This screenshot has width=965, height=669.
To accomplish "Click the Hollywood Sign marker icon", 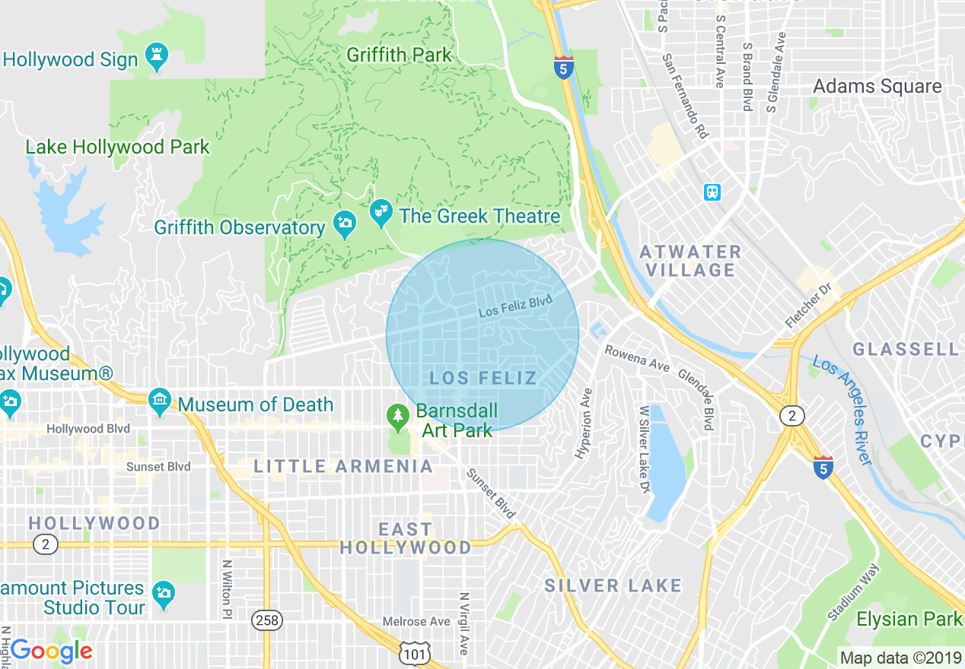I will [x=158, y=58].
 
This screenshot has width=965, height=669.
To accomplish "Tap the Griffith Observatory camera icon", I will [x=344, y=225].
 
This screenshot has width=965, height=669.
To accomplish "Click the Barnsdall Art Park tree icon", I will [x=397, y=416].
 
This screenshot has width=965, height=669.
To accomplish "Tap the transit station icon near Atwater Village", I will [x=712, y=192].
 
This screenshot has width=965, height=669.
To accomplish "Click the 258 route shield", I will [x=267, y=620].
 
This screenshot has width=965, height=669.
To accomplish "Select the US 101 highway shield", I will [x=416, y=652].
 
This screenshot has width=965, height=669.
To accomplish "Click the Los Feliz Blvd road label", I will [x=515, y=306].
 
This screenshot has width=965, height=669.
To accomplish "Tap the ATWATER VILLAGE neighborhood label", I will [x=690, y=261].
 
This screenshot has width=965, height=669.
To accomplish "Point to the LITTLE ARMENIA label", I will [x=343, y=466].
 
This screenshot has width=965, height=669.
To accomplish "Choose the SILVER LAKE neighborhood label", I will [x=613, y=585].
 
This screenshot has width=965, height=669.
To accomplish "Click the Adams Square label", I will [x=877, y=86].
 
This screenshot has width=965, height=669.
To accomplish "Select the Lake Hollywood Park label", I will [x=117, y=147].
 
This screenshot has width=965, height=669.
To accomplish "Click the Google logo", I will [x=52, y=651].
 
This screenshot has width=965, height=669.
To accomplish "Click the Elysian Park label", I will [x=909, y=619].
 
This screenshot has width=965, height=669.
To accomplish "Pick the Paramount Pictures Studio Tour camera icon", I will [x=163, y=594].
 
